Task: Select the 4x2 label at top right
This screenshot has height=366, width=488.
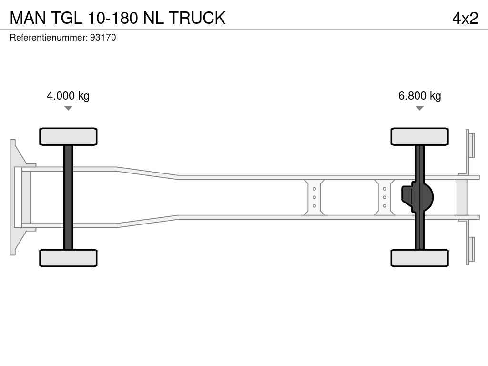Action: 465,18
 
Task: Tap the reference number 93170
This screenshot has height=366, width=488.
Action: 103,37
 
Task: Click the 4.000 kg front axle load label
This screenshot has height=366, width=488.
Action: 68,96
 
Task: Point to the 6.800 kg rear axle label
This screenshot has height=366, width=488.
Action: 419,96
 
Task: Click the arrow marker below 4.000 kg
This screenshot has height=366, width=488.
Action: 68,108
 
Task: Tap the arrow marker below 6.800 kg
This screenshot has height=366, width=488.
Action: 419,108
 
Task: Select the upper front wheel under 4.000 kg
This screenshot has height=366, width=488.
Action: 68,136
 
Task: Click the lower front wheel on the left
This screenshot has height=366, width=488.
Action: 68,258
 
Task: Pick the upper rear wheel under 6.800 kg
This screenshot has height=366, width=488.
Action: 419,136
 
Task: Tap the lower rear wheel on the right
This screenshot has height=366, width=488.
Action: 419,258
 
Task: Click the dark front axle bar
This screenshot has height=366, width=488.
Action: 68,197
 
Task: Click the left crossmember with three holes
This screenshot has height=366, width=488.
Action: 315,197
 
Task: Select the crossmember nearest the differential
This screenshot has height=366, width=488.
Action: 384,197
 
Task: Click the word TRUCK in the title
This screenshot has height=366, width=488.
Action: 197,18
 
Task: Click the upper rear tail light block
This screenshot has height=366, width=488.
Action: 471,145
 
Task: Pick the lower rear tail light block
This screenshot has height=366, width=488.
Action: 471,249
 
